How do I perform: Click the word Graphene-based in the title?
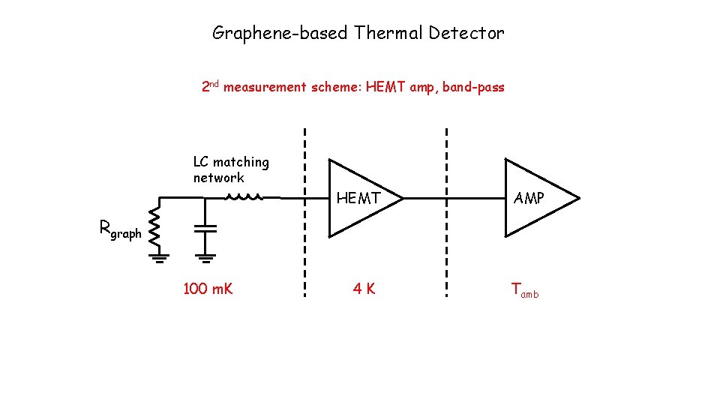280,33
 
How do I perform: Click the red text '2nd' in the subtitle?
210,87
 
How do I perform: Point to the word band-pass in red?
473,88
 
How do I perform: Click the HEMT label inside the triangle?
358,199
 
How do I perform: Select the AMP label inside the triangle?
529,199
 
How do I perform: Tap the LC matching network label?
230,169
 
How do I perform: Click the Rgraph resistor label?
120,229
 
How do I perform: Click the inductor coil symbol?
244,198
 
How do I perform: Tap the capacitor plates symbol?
205,228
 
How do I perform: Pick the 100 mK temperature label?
208,289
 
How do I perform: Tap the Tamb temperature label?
524,290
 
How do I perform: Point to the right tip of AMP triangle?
579,199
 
